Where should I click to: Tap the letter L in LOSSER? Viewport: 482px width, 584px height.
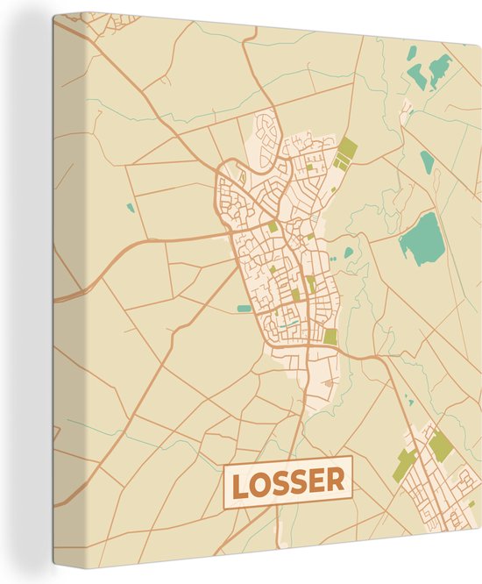(238, 481)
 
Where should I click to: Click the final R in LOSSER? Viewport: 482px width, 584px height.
(335, 481)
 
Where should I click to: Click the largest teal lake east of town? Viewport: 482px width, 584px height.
(422, 237)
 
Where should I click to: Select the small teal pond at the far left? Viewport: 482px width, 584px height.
(130, 209)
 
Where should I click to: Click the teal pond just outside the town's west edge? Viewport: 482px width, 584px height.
(243, 308)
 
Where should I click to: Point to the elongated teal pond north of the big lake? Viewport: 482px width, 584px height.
(427, 163)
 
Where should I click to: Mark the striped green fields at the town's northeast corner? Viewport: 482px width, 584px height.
(345, 154)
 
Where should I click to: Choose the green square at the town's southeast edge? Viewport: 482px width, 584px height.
(330, 336)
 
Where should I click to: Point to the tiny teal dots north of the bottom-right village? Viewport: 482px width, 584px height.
(408, 401)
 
